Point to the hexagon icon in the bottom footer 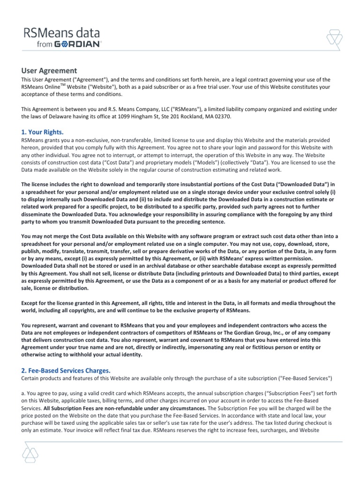(29, 453)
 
